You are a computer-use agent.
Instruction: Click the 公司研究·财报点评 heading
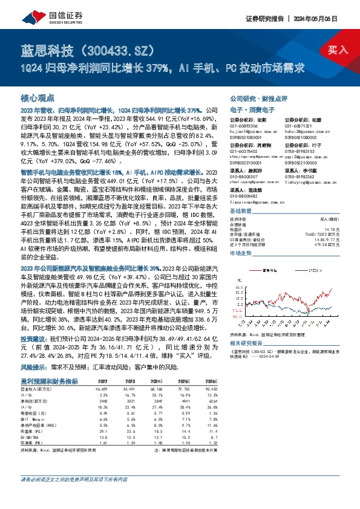coord(257,97)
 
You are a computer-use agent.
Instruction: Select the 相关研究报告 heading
coord(246,342)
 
